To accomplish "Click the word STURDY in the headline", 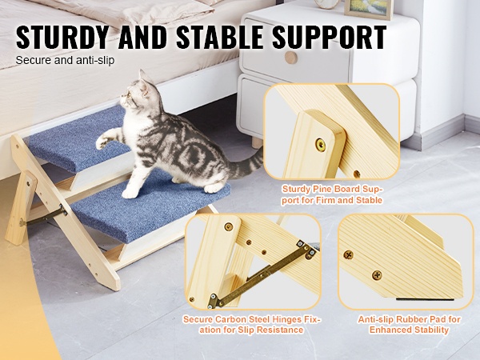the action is coord(62,38).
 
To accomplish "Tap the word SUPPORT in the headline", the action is coord(329,38).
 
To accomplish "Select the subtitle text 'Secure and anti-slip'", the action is coord(65,60).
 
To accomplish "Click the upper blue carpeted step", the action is coord(79,139).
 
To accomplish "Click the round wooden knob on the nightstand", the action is coord(290,58).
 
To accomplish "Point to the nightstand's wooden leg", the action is coord(257,142).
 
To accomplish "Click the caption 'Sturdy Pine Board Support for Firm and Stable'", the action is coord(332,194).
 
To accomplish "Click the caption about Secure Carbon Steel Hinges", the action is coord(252,325).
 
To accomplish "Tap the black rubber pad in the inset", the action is coord(422,298).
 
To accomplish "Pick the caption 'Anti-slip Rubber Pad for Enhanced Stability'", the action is coord(409,325).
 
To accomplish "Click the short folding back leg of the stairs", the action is coord(21,207).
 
